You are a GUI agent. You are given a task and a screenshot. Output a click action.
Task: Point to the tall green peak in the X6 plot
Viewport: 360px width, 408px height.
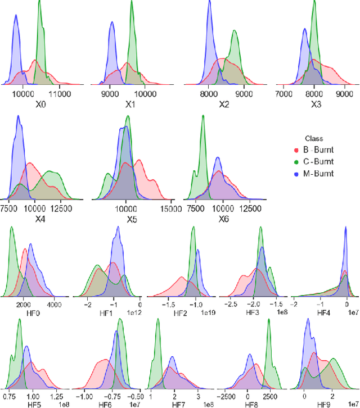click(x=202, y=116)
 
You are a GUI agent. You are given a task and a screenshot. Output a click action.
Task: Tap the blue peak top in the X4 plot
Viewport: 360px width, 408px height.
click(x=19, y=117)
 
